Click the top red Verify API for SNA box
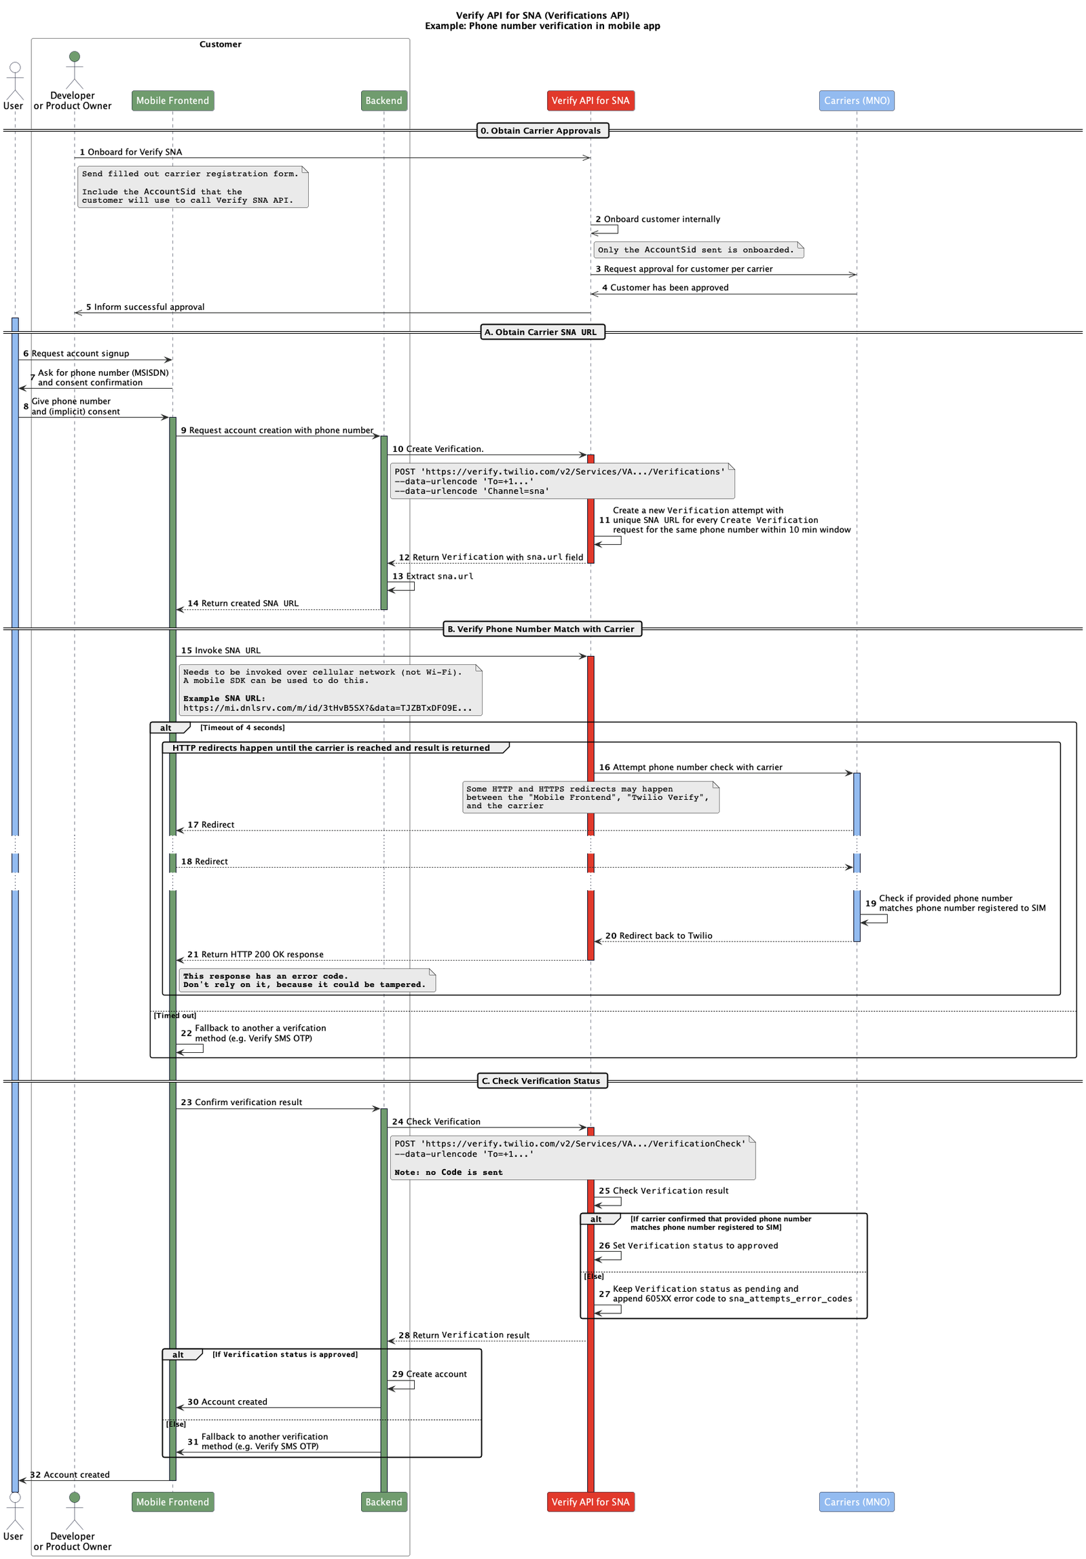pyautogui.click(x=590, y=100)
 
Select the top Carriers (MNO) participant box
pyautogui.click(x=856, y=100)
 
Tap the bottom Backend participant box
pyautogui.click(x=383, y=1501)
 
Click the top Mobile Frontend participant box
pyautogui.click(x=172, y=100)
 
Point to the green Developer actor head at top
pyautogui.click(x=75, y=56)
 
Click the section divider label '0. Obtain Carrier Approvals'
pyautogui.click(x=542, y=130)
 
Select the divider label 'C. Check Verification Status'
pyautogui.click(x=542, y=1080)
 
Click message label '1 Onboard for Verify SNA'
pyautogui.click(x=131, y=152)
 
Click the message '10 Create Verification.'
pyautogui.click(x=438, y=449)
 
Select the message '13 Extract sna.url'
pyautogui.click(x=432, y=576)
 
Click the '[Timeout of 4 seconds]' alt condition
pyautogui.click(x=242, y=727)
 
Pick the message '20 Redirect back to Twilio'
pyautogui.click(x=658, y=935)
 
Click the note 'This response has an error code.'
pyautogui.click(x=305, y=980)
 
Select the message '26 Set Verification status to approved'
pyautogui.click(x=688, y=1246)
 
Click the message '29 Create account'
pyautogui.click(x=429, y=1374)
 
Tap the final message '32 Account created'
pyautogui.click(x=70, y=1474)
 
